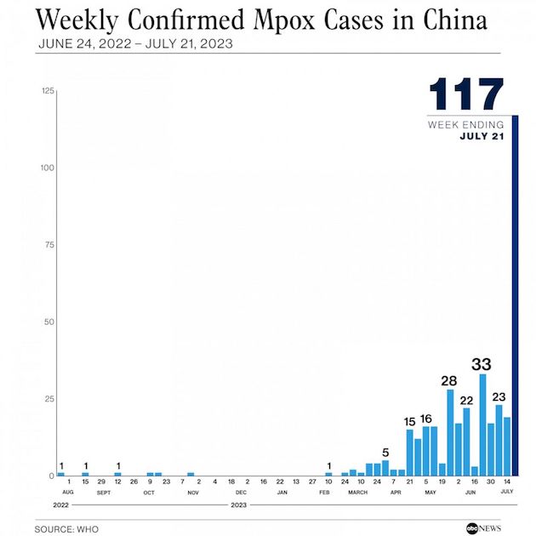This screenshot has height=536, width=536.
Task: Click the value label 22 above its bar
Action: tap(466, 400)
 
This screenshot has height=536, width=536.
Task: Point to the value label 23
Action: tap(499, 396)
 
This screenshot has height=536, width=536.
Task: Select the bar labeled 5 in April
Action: tap(385, 467)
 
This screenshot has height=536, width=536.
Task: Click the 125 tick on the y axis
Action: tap(48, 91)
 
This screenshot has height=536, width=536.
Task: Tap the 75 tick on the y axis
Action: tap(50, 245)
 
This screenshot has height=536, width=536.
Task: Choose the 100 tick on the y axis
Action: tap(48, 168)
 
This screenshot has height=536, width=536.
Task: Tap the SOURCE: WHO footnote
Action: tap(66, 529)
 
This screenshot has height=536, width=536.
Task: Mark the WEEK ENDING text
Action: tap(466, 125)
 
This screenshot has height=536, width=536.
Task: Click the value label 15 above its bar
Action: tap(409, 421)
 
